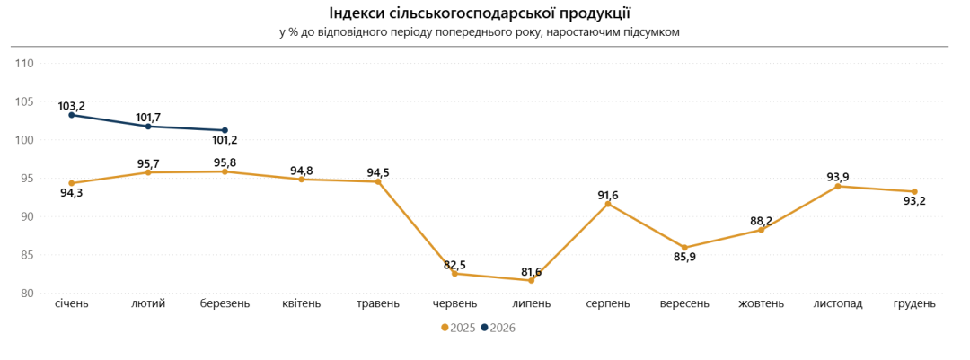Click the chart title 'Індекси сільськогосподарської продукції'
pyautogui.click(x=480, y=13)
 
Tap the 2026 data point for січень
pyautogui.click(x=72, y=115)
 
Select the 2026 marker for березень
pyautogui.click(x=225, y=130)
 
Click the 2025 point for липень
pyautogui.click(x=531, y=280)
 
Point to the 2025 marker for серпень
pyautogui.click(x=608, y=204)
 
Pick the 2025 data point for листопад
pyautogui.click(x=838, y=186)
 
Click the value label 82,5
pyautogui.click(x=454, y=265)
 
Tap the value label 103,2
pyautogui.click(x=71, y=106)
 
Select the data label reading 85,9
pyautogui.click(x=685, y=257)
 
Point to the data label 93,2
pyautogui.click(x=913, y=201)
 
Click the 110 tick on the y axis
pyautogui.click(x=24, y=64)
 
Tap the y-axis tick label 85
pyautogui.click(x=27, y=255)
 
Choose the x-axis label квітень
pyautogui.click(x=301, y=303)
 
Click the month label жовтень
pyautogui.click(x=761, y=303)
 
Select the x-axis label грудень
pyautogui.click(x=914, y=303)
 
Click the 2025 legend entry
pyautogui.click(x=458, y=328)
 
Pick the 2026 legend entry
pyautogui.click(x=498, y=328)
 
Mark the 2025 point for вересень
pyautogui.click(x=684, y=248)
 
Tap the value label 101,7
pyautogui.click(x=148, y=118)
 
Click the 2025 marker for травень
pyautogui.click(x=378, y=181)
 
